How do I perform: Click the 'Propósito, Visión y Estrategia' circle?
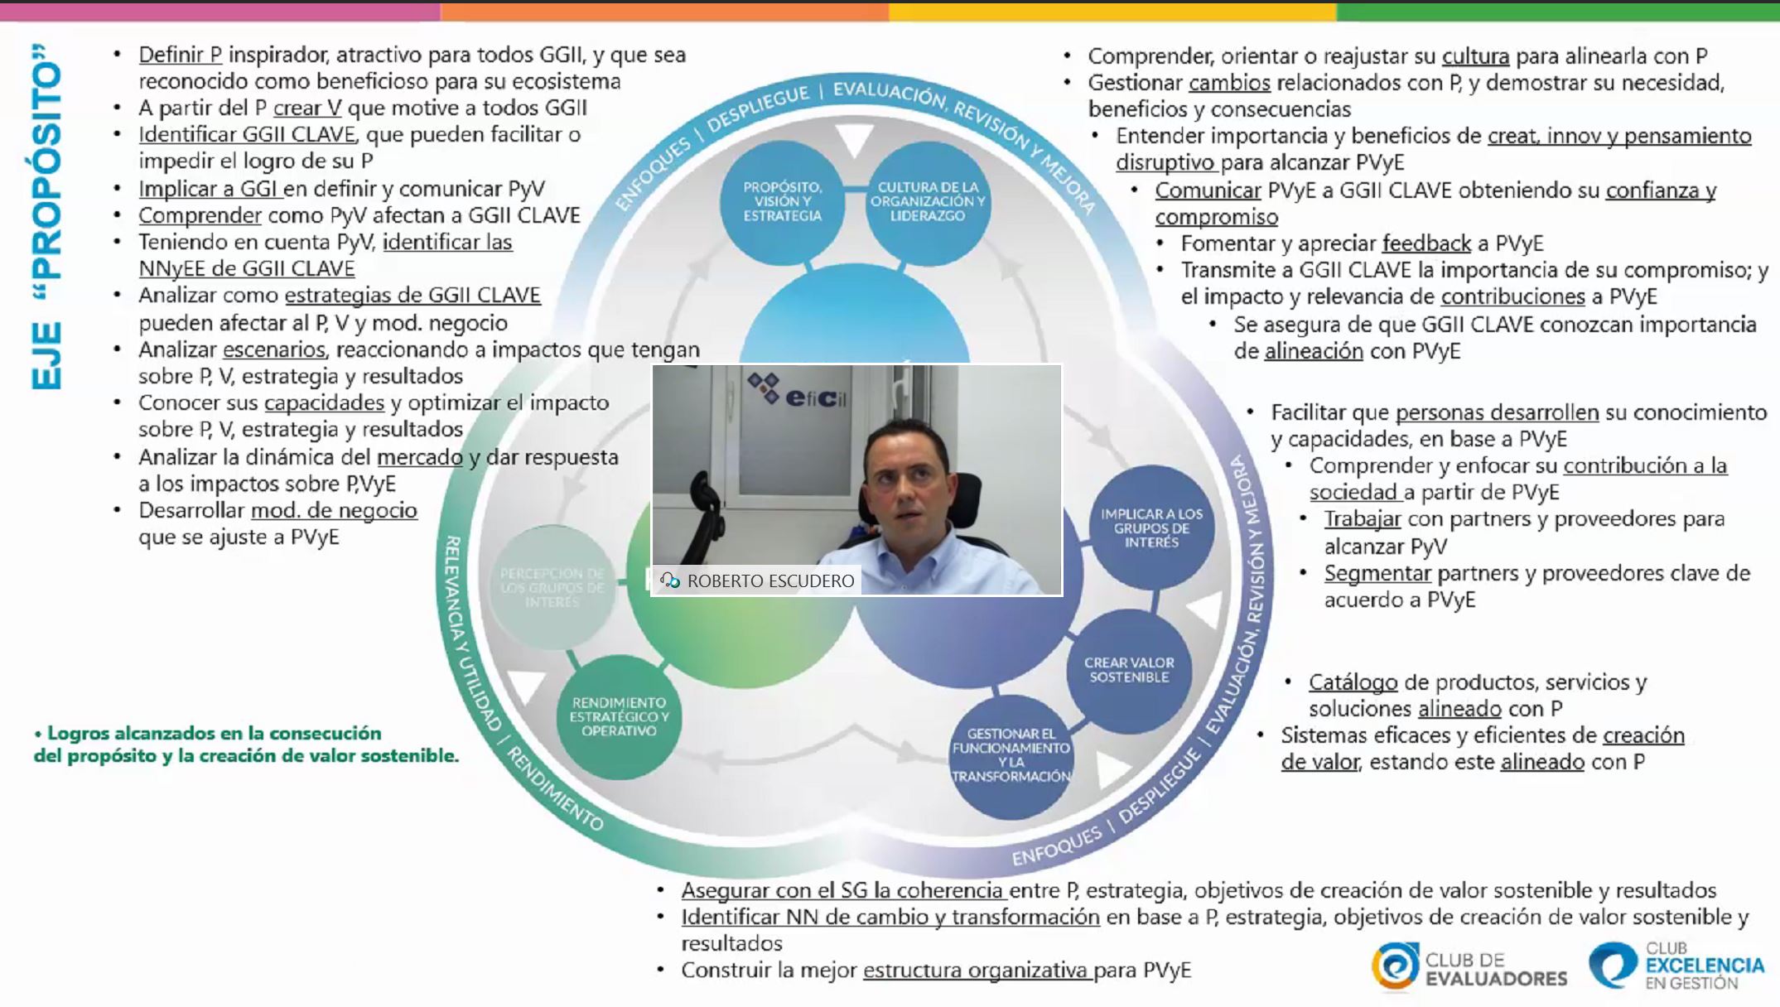point(782,202)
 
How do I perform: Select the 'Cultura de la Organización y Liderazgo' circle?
point(928,202)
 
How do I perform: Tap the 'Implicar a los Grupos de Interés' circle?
point(1151,528)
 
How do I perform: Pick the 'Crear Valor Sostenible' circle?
point(1129,670)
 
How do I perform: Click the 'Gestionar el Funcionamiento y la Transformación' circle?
point(1011,755)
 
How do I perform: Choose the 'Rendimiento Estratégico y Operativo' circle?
point(619,717)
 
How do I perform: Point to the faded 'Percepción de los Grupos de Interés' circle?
point(552,587)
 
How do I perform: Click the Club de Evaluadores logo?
point(1469,967)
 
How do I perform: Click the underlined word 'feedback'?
point(1426,243)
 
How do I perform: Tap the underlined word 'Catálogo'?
point(1353,682)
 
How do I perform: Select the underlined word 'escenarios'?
point(273,349)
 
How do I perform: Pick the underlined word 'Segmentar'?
point(1377,573)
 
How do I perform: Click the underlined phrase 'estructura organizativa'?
point(977,970)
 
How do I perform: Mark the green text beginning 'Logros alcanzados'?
point(246,744)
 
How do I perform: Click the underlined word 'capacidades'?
point(324,402)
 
